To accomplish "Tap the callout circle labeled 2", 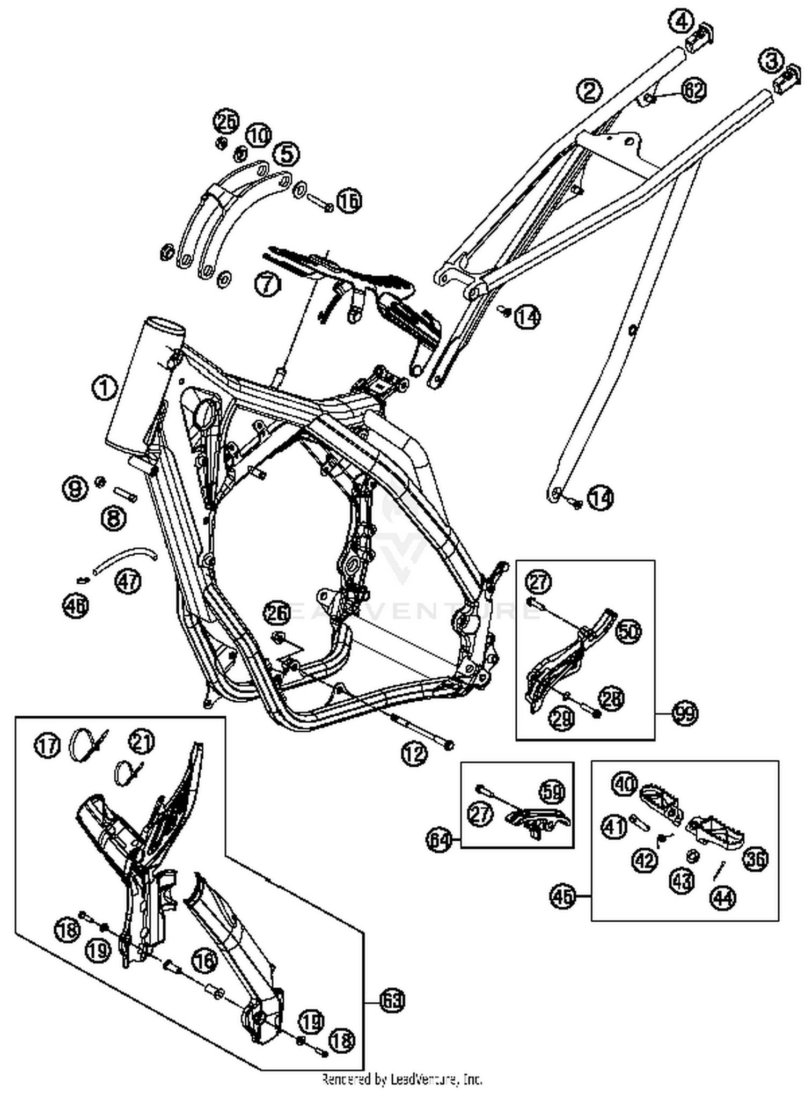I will click(589, 91).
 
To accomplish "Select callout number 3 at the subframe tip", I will click(771, 61).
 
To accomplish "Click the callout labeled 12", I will click(414, 754).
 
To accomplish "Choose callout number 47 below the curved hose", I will click(128, 582).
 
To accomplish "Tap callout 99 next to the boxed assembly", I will click(685, 714).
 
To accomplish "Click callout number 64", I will click(440, 839).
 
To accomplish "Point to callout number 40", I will click(625, 784).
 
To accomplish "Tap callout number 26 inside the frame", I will click(277, 613).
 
